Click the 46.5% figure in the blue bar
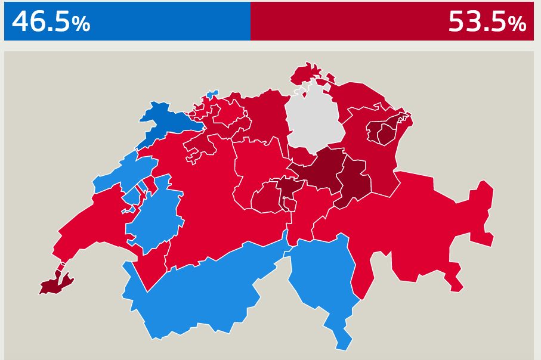coord(51,22)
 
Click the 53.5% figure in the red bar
coord(487,22)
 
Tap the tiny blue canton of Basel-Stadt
coord(211,94)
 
